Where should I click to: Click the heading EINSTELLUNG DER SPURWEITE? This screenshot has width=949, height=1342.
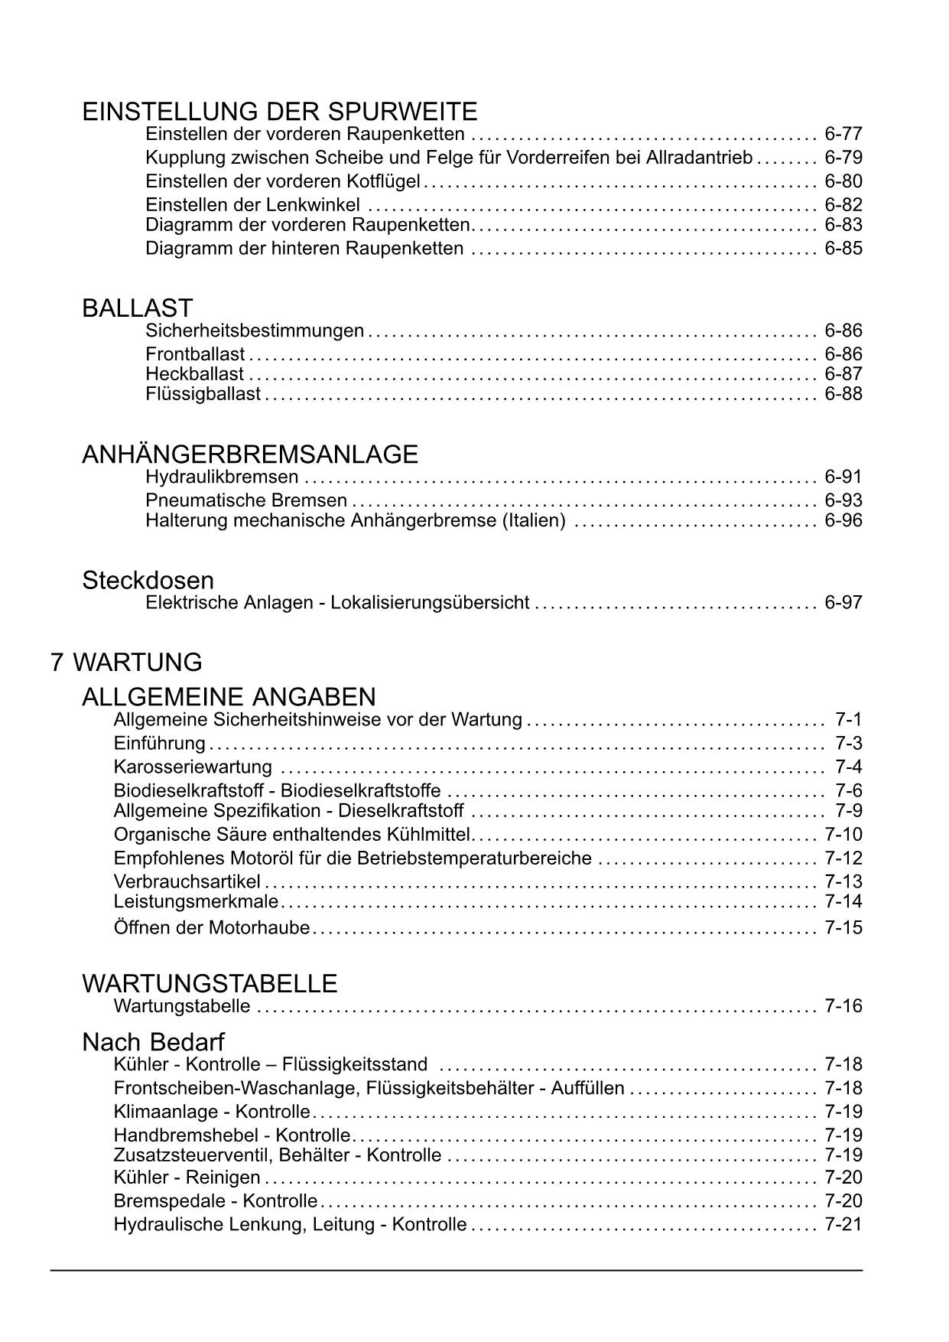[x=279, y=112]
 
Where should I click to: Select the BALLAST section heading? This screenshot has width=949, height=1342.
[x=137, y=308]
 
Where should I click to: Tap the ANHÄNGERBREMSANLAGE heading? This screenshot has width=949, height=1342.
[x=249, y=454]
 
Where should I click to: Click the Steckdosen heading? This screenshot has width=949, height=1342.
[x=148, y=580]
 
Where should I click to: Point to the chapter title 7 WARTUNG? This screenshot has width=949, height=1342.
[x=126, y=662]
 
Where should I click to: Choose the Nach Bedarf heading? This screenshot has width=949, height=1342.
[x=153, y=1042]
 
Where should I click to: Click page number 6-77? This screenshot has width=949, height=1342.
[x=843, y=135]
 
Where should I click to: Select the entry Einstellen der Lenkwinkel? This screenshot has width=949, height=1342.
[x=252, y=205]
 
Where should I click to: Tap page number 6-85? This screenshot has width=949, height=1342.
[x=843, y=249]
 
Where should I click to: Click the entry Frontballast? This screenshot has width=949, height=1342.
[x=195, y=354]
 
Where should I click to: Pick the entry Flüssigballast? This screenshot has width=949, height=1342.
[x=203, y=394]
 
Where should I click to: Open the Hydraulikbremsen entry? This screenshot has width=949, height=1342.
[x=222, y=477]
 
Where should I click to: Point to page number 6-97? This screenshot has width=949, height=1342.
[x=843, y=603]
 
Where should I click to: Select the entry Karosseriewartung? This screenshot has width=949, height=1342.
[x=193, y=767]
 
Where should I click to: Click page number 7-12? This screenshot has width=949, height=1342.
[x=843, y=858]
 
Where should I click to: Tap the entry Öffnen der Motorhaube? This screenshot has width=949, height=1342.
[x=212, y=928]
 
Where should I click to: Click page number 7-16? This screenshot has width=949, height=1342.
[x=843, y=1006]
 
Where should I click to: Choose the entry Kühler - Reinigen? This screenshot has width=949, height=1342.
[x=187, y=1178]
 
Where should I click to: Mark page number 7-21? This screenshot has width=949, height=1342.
[x=843, y=1225]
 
